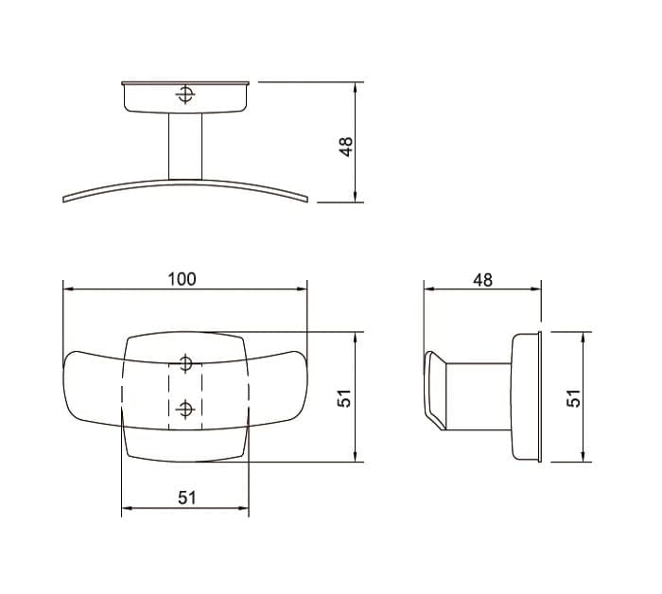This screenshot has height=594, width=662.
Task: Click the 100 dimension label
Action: point(182,279)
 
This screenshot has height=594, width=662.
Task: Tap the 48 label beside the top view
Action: point(346,146)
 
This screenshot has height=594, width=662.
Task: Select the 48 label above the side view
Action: point(482,280)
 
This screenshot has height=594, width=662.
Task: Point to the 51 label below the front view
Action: point(186,497)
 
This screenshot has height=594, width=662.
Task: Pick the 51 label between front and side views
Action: point(346,399)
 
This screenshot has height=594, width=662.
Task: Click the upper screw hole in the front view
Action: point(185,363)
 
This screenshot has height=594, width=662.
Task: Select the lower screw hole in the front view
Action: point(185,409)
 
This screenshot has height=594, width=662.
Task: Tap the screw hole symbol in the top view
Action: point(185,95)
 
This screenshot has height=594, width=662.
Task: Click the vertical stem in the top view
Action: point(185,145)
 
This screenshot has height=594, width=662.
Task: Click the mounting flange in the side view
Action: point(526,396)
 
